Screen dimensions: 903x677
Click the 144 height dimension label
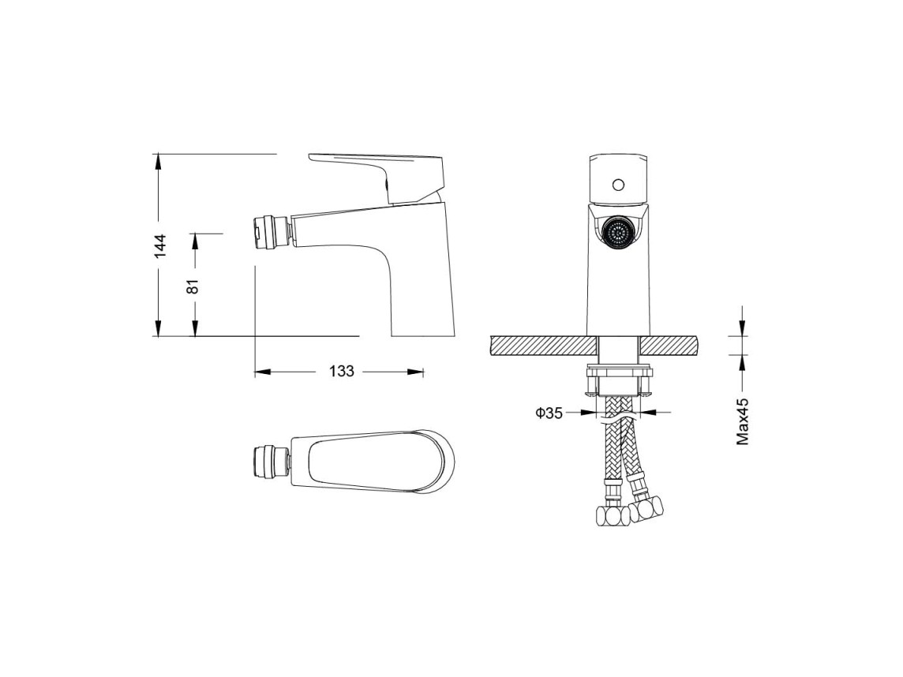point(161,245)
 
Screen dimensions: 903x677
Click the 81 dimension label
point(193,286)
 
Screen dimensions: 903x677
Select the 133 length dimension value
point(342,372)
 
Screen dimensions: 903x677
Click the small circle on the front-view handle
point(619,185)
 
